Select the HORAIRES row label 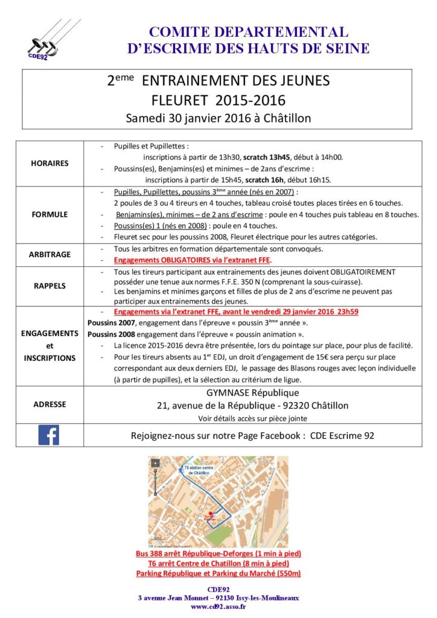[50, 163]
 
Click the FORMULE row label [50, 214]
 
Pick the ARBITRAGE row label [50, 254]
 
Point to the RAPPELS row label [50, 287]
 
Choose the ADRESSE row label [50, 404]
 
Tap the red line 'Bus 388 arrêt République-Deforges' [218, 553]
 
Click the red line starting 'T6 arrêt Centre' [218, 563]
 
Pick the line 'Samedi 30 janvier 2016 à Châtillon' [218, 118]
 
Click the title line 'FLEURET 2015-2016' [218, 99]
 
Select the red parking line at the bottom [218, 573]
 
